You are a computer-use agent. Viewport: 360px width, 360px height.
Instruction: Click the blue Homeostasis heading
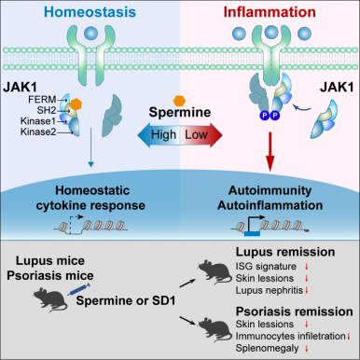90,12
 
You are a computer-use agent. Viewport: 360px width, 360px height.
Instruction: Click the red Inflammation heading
270,12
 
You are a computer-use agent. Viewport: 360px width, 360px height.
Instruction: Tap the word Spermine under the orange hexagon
180,112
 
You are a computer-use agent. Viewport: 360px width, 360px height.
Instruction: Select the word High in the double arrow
163,134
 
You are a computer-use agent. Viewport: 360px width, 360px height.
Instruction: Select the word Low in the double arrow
196,134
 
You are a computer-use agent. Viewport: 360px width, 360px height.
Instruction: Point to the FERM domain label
42,100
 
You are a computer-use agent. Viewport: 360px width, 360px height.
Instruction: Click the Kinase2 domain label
38,132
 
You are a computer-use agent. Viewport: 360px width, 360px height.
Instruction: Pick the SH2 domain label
47,110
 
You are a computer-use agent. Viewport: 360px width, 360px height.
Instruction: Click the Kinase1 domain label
38,121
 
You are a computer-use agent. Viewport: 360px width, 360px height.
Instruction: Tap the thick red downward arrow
270,152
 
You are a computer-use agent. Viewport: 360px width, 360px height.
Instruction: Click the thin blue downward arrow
90,147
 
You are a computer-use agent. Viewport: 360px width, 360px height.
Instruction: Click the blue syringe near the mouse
79,289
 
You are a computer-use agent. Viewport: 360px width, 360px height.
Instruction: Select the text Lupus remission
285,252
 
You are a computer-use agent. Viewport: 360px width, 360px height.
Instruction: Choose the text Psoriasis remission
294,312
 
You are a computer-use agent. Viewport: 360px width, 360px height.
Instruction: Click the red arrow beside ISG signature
307,267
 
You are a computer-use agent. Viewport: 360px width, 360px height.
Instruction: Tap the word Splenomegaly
267,348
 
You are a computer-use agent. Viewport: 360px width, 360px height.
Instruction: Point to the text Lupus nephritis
269,290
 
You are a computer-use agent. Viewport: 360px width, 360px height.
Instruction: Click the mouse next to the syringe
50,299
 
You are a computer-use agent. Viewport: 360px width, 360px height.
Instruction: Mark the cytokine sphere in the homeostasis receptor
91,34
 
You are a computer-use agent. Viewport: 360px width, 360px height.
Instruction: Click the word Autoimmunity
270,190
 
